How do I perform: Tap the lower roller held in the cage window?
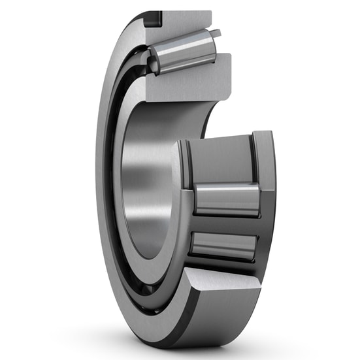(223, 245)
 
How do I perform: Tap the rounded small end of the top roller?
(153, 63)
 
